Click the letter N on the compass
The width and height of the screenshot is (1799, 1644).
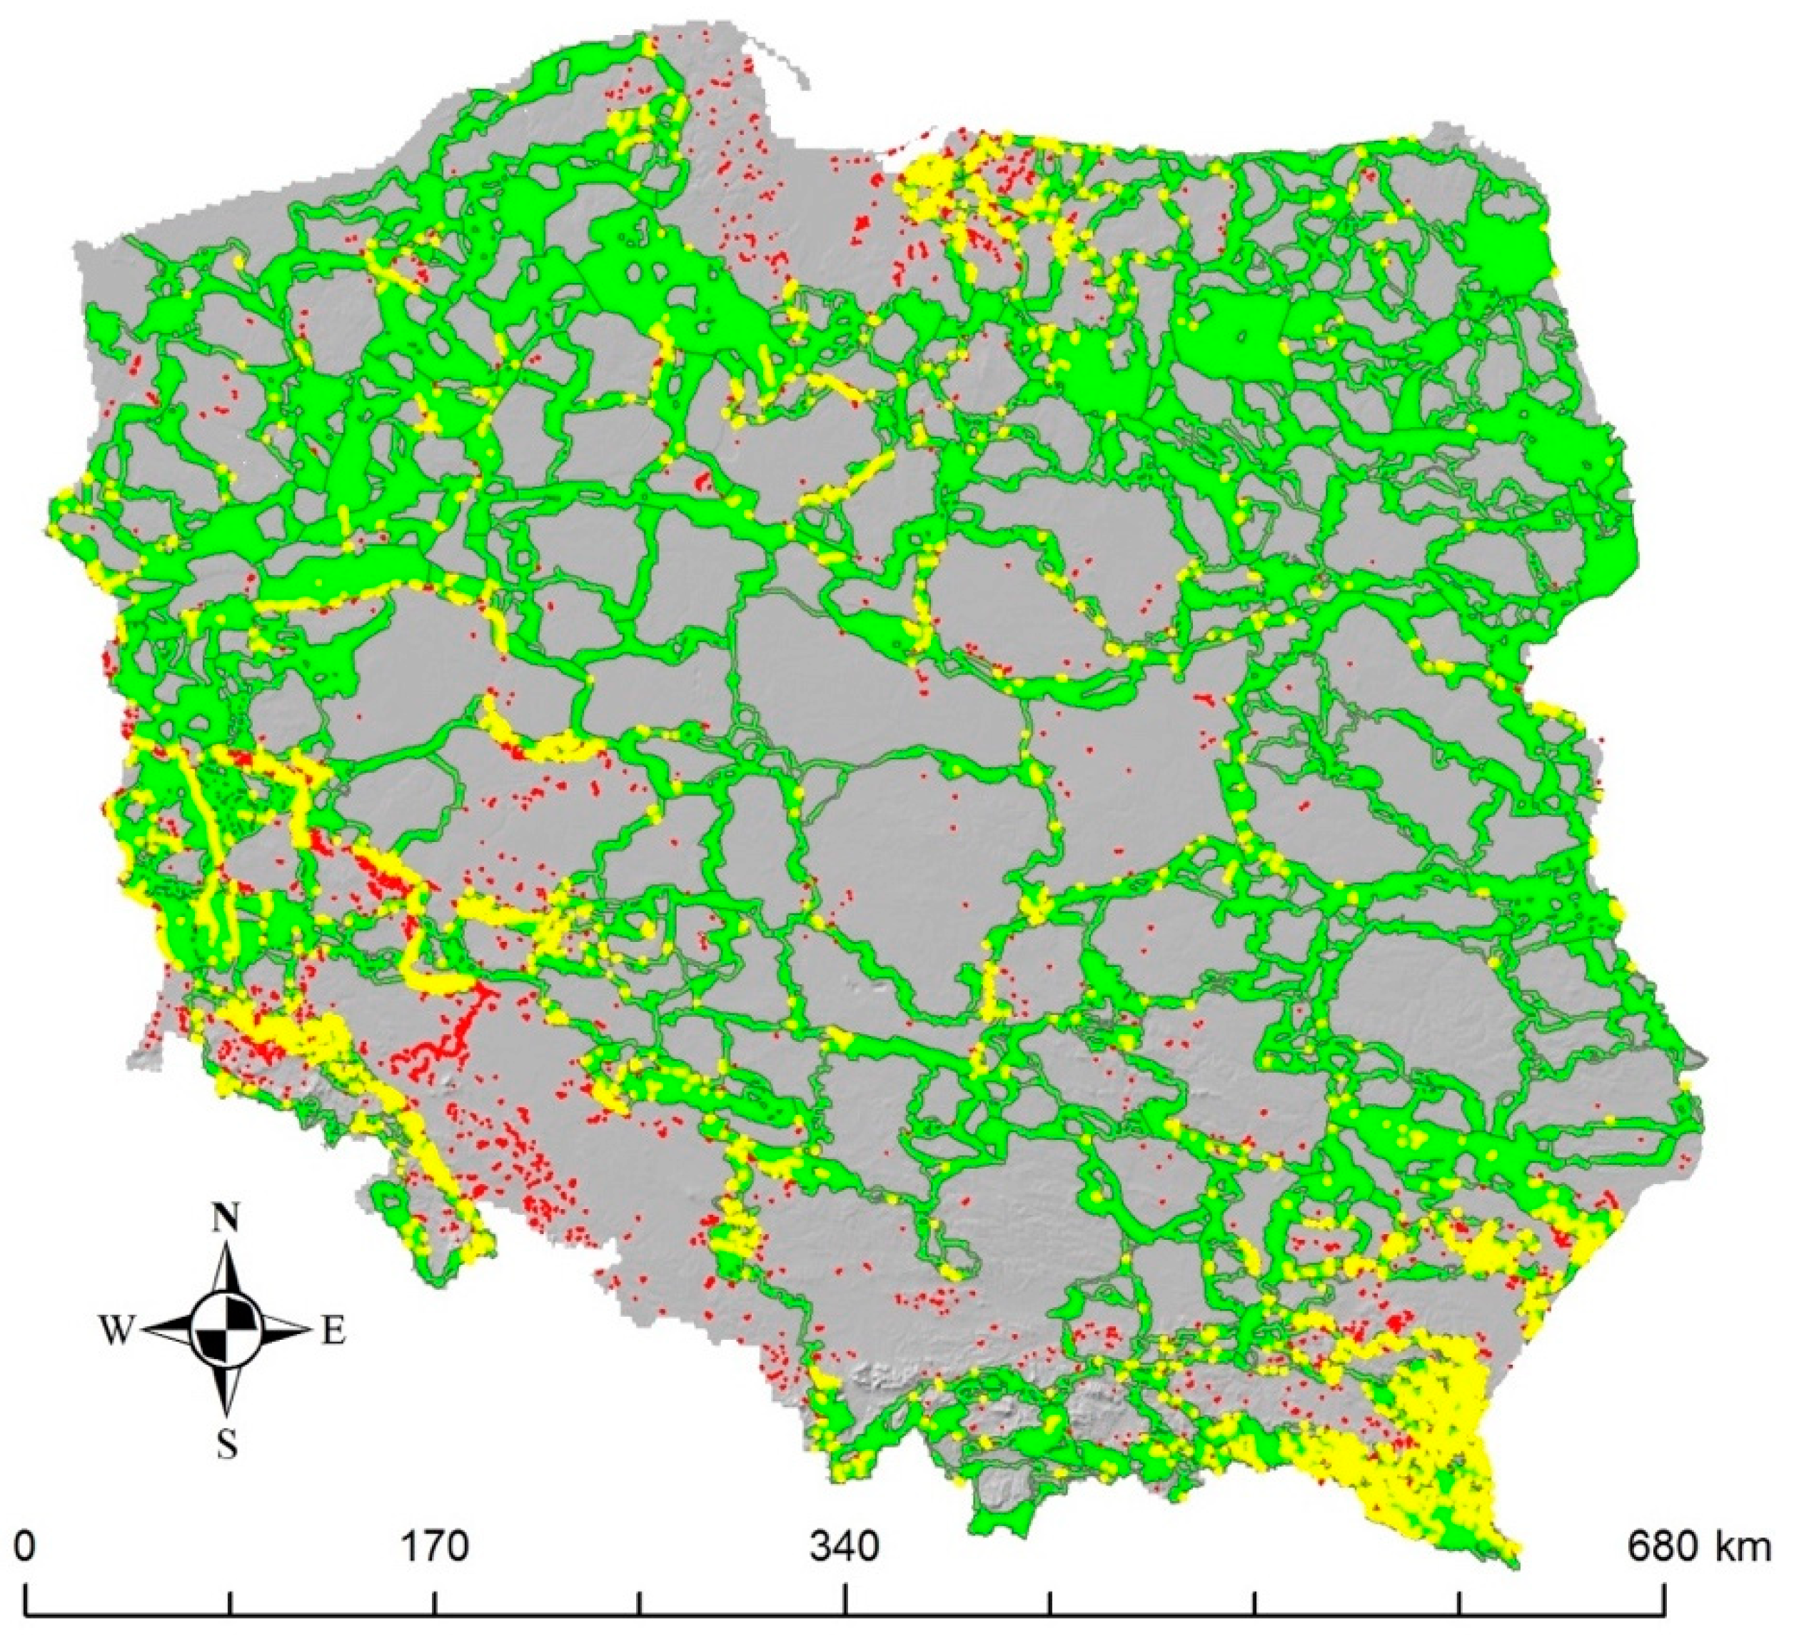pyautogui.click(x=228, y=1218)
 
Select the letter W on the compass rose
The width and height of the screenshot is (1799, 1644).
pyautogui.click(x=116, y=1333)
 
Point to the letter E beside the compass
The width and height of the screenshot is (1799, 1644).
pyautogui.click(x=333, y=1333)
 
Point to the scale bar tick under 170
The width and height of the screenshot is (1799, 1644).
pyautogui.click(x=435, y=1601)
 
